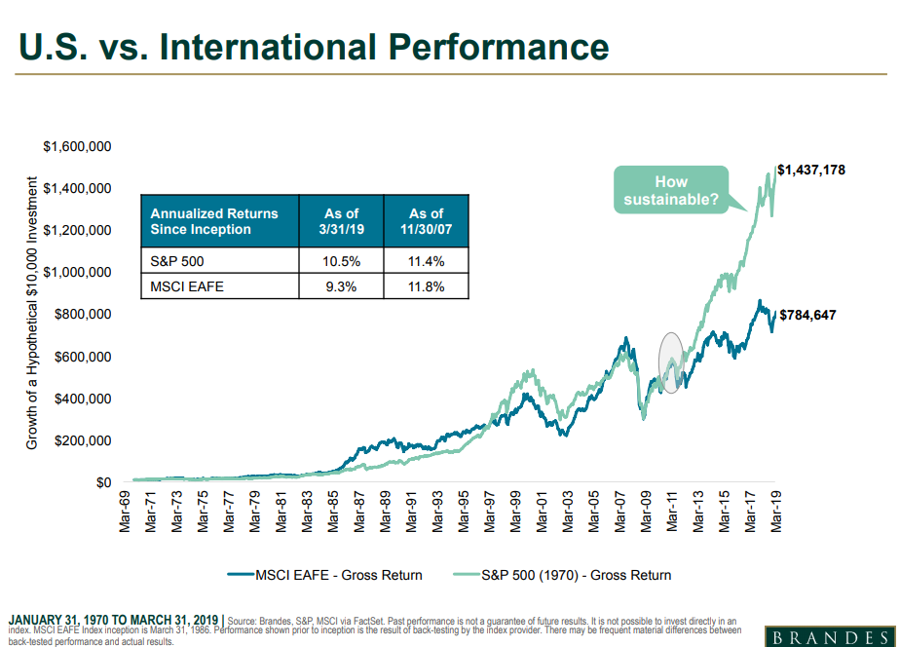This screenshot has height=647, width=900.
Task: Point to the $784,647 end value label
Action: (x=806, y=315)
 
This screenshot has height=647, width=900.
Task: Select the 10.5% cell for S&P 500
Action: (x=341, y=261)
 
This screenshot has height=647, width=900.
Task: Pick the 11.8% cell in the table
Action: (x=426, y=286)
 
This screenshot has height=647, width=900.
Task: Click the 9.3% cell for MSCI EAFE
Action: (x=341, y=286)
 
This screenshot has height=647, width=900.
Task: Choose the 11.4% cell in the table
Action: (x=426, y=261)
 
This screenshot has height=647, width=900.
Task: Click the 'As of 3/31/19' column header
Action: (x=341, y=221)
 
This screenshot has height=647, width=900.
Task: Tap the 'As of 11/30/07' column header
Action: (x=426, y=221)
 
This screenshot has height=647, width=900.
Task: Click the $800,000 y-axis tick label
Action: (x=82, y=315)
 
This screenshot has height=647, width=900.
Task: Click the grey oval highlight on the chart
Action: (x=670, y=362)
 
